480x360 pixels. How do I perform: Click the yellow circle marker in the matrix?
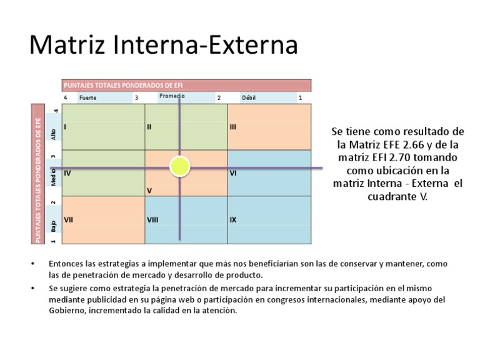pyautogui.click(x=180, y=166)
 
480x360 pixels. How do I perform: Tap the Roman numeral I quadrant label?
pyautogui.click(x=65, y=127)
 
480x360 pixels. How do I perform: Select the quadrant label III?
pyautogui.click(x=232, y=127)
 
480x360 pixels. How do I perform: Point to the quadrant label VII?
pyautogui.click(x=69, y=219)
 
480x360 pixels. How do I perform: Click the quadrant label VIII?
pyautogui.click(x=152, y=219)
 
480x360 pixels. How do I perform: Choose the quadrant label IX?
pyautogui.click(x=232, y=219)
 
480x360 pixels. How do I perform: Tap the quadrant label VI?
pyautogui.click(x=232, y=173)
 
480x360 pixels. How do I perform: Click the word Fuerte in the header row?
pyautogui.click(x=88, y=97)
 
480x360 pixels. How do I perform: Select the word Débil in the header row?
pyautogui.click(x=249, y=97)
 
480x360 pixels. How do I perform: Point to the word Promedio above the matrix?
pyautogui.click(x=172, y=96)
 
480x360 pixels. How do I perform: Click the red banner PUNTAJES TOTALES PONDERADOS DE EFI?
pyautogui.click(x=186, y=85)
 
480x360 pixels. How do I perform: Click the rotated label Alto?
pyautogui.click(x=54, y=133)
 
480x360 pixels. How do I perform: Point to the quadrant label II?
pyautogui.click(x=149, y=127)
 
